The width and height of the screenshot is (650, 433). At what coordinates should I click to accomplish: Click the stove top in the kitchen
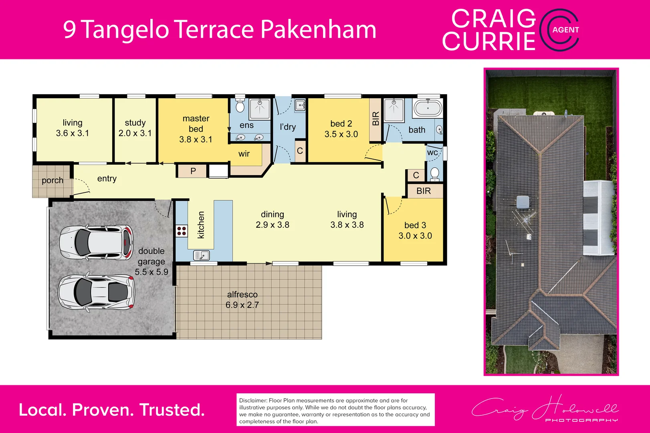tap(182, 231)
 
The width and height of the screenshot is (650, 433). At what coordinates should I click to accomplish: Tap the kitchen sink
tap(201, 255)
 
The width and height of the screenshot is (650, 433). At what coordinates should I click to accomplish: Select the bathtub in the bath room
tap(428, 108)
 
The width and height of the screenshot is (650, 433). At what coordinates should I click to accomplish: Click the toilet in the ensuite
tap(240, 106)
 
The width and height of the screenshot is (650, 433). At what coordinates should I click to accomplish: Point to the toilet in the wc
tap(434, 174)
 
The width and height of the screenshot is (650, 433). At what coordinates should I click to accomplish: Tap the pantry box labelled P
tap(193, 171)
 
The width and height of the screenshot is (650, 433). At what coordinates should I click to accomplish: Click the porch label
tap(52, 180)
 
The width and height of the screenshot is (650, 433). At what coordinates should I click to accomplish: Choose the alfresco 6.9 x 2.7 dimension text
tap(242, 305)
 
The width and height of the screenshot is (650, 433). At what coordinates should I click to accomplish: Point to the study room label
tap(135, 123)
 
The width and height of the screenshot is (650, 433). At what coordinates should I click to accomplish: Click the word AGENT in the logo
tap(565, 30)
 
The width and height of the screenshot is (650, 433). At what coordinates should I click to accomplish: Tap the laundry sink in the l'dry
tap(300, 105)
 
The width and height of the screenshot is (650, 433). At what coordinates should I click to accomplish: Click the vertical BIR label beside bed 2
tap(375, 119)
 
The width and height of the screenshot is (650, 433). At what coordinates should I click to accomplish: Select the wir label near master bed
tap(244, 154)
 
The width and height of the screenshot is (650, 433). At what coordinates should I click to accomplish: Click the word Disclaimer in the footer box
tap(253, 401)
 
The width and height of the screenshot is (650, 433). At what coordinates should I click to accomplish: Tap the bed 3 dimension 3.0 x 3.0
tap(415, 236)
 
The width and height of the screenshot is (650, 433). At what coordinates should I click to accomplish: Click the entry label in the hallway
tap(107, 179)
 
